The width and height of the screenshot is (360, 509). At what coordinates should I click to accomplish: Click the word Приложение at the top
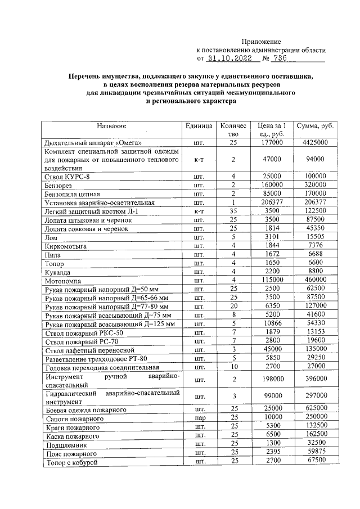tap(261, 42)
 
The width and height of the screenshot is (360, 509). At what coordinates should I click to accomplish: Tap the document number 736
tap(281, 58)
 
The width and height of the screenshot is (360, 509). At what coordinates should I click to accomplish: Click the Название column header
tap(111, 126)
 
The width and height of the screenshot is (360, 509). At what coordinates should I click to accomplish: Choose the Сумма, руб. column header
tap(315, 126)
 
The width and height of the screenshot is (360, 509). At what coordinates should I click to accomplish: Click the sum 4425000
tap(315, 143)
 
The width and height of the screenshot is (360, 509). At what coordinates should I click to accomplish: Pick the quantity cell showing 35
tap(232, 210)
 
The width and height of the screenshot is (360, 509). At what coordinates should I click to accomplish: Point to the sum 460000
tap(315, 280)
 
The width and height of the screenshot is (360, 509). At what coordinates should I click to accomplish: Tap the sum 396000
tap(315, 380)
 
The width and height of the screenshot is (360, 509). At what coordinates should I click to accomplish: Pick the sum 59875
tap(315, 453)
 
